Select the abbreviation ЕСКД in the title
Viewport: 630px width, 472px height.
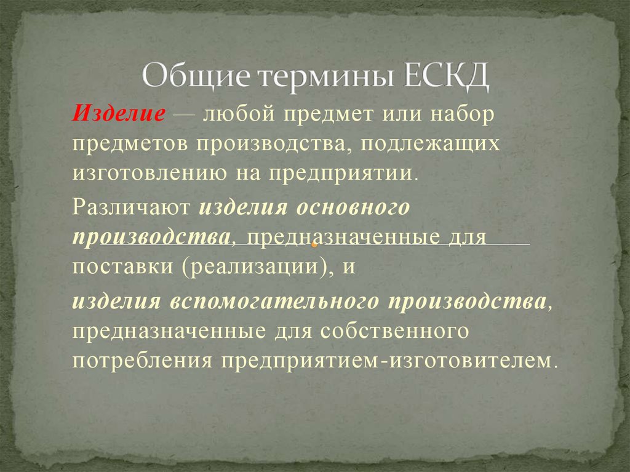(443, 78)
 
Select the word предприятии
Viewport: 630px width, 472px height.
(342, 172)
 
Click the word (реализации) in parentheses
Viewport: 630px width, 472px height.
(258, 269)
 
